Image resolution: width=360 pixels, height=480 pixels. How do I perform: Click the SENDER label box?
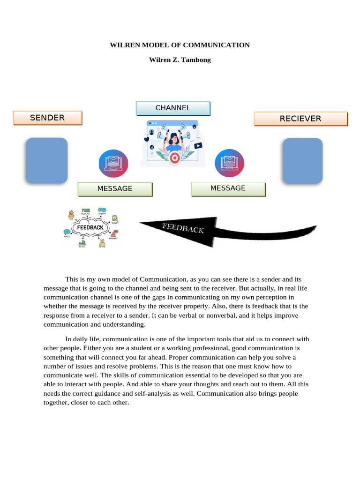[x=47, y=118]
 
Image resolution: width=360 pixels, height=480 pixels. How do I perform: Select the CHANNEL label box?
[x=173, y=108]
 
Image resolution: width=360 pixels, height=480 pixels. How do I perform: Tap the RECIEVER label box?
[x=300, y=119]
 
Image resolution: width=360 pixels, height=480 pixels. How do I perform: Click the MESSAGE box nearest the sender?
[x=115, y=189]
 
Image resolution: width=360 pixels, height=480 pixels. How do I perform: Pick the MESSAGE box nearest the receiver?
[x=228, y=188]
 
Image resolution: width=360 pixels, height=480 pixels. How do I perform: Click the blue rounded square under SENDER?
[x=46, y=160]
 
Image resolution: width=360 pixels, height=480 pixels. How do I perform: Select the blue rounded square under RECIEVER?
[x=303, y=160]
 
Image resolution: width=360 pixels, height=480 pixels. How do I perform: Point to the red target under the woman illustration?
[x=175, y=158]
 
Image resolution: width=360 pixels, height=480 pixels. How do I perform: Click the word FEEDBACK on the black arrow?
[x=183, y=228]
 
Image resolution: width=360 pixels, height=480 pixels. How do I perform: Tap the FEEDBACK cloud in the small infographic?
[x=90, y=228]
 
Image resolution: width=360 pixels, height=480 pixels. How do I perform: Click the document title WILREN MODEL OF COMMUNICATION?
[x=180, y=45]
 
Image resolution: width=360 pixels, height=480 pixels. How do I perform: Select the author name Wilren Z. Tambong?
[x=180, y=60]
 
